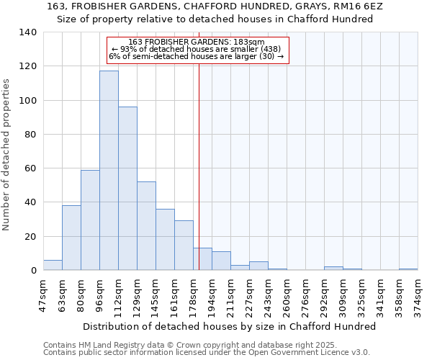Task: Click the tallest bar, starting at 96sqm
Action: [x=109, y=171]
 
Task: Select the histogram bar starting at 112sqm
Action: [x=127, y=189]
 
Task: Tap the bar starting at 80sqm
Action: [x=90, y=220]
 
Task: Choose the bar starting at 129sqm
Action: [x=146, y=226]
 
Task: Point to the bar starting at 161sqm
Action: [x=184, y=246]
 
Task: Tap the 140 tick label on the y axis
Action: [x=28, y=32]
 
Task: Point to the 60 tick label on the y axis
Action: [x=31, y=168]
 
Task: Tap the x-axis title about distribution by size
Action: [x=229, y=326]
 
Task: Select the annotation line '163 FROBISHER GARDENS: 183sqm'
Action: [x=197, y=42]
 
